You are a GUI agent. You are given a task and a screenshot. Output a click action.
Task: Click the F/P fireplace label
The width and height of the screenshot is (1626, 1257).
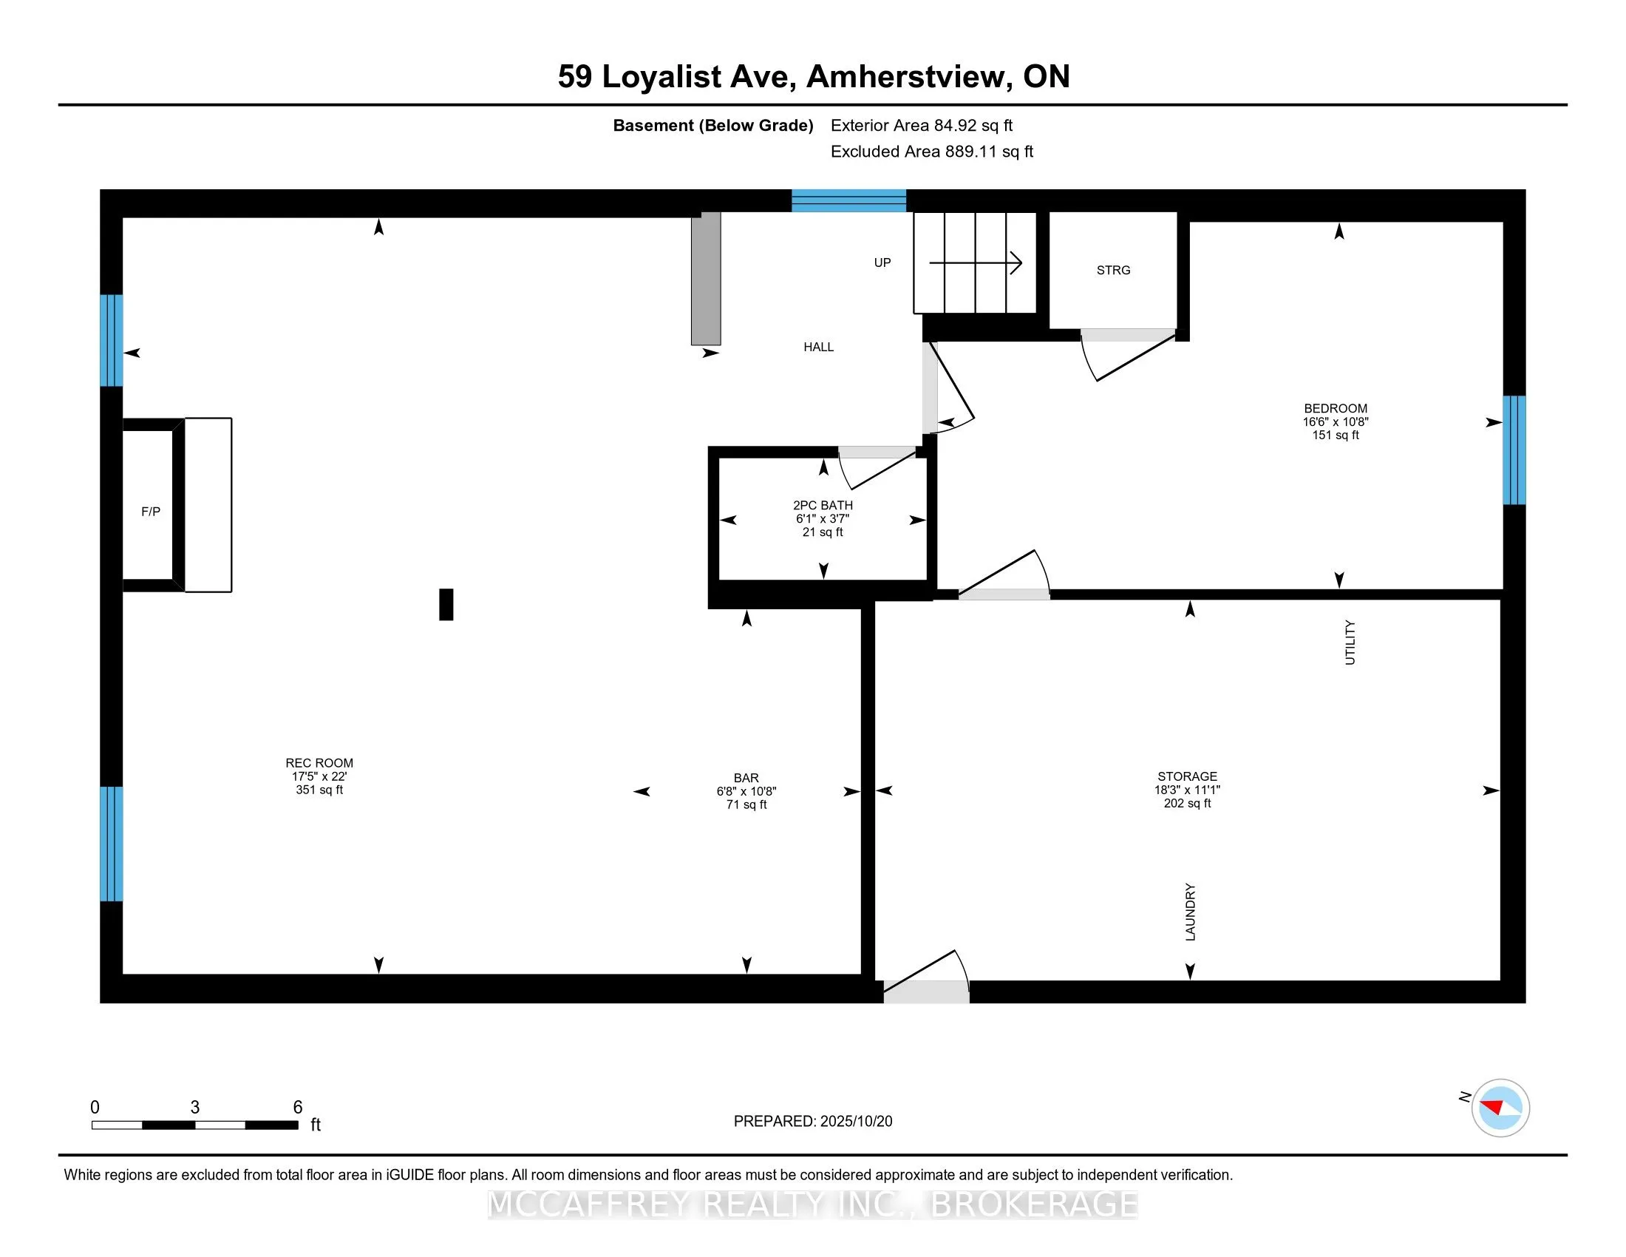(150, 512)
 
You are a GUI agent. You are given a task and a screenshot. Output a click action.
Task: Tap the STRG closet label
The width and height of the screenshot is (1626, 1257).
(1113, 271)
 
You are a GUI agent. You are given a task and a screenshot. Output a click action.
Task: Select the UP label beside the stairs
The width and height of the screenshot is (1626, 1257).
(882, 263)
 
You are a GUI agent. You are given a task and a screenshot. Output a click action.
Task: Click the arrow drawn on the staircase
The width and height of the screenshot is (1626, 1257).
(976, 263)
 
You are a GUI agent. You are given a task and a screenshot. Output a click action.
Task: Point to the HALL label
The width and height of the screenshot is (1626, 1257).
(818, 347)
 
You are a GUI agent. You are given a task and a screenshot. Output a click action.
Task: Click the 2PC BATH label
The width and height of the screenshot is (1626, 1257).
(823, 506)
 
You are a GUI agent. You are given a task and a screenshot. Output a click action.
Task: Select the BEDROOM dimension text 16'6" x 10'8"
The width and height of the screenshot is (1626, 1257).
(1335, 422)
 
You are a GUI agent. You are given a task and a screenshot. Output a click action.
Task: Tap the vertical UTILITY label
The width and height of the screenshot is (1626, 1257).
(1350, 642)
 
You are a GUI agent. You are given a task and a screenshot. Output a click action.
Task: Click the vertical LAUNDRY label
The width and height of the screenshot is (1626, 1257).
(1190, 912)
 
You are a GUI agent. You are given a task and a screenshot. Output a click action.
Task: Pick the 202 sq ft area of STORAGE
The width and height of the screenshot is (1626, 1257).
(1187, 804)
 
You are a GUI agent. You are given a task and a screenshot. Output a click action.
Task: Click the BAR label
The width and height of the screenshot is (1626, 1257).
(746, 778)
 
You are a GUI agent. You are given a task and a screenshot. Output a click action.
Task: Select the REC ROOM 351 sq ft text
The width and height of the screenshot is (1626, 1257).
(319, 790)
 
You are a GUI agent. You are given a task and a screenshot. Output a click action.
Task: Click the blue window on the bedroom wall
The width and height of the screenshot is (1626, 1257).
(1514, 450)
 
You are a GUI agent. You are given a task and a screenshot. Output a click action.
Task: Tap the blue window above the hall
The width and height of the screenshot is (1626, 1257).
(848, 201)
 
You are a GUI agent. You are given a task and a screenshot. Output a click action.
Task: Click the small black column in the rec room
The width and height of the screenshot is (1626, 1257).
(446, 604)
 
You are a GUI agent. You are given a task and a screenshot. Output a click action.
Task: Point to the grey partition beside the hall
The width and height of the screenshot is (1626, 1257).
(706, 279)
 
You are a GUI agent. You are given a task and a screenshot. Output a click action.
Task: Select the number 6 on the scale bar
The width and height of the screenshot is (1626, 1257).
(298, 1108)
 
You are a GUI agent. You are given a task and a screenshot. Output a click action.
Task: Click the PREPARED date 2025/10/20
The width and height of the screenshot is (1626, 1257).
(855, 1122)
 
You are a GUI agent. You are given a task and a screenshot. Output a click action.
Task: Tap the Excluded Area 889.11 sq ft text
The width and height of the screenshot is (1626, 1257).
(931, 152)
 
